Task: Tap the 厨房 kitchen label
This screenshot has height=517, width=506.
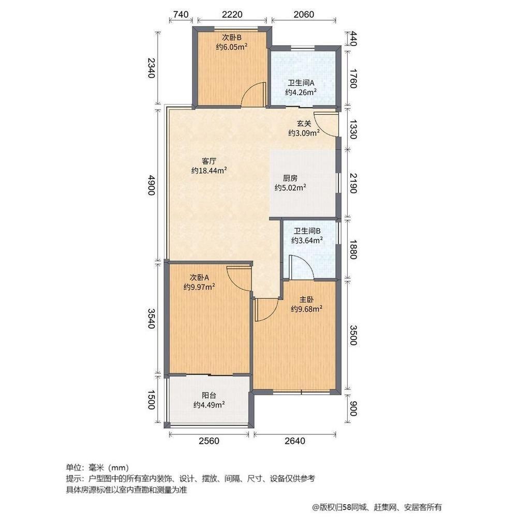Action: [282, 177]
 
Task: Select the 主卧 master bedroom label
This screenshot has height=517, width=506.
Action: [306, 299]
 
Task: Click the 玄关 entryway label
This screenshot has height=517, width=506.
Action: [304, 124]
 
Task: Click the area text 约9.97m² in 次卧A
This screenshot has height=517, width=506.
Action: [199, 286]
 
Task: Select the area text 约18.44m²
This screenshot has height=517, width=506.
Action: [210, 170]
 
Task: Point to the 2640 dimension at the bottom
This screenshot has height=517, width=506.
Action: [295, 441]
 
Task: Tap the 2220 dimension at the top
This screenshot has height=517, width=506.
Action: [232, 14]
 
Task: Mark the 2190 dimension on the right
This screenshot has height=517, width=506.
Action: [353, 184]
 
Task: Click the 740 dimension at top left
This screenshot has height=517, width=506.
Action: [180, 14]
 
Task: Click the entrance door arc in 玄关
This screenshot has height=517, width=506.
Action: [325, 123]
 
